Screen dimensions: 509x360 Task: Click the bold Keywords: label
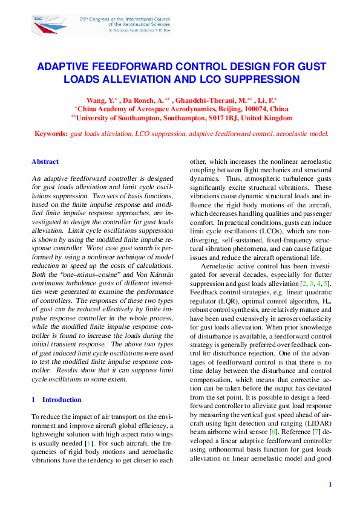point(51,134)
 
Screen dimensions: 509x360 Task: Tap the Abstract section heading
point(45,161)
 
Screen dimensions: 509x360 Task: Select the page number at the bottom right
point(330,484)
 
